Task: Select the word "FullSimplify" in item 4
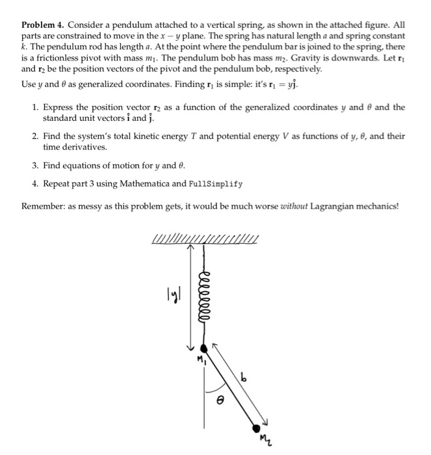[x=216, y=184]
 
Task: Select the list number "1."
[x=36, y=107]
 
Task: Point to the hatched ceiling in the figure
[x=205, y=241]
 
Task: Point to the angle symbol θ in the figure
[x=219, y=404]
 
